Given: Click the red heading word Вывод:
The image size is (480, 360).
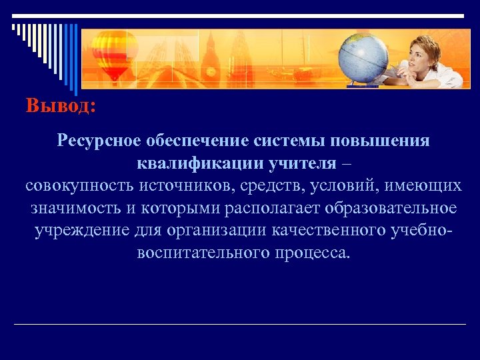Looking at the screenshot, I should point(61,107).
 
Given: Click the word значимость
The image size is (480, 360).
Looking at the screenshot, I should point(75,209).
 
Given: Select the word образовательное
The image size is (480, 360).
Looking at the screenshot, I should point(391,209).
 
